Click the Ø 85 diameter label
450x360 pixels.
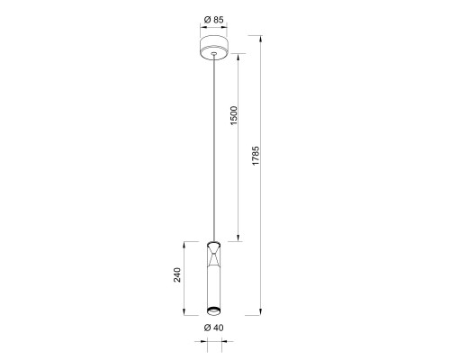pyautogui.click(x=213, y=20)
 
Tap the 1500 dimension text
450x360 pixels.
pyautogui.click(x=233, y=115)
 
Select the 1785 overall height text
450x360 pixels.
pyautogui.click(x=256, y=156)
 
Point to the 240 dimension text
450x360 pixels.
pyautogui.click(x=177, y=274)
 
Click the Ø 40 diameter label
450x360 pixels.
pyautogui.click(x=213, y=328)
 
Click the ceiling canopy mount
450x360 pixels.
pyautogui.click(x=213, y=48)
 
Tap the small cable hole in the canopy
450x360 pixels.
pyautogui.click(x=213, y=54)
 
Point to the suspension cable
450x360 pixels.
pyautogui.click(x=213, y=148)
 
